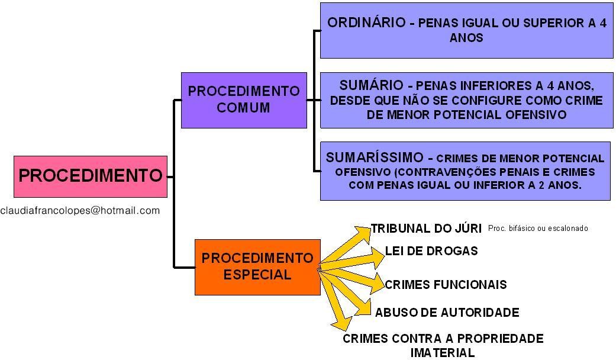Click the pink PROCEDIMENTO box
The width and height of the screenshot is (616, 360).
coord(90,176)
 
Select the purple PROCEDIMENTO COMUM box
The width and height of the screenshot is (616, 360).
coord(244,99)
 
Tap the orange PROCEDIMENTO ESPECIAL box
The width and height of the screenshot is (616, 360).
coord(257,266)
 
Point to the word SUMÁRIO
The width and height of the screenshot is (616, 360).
coord(371,86)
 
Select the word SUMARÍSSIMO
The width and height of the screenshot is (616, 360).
coord(375,157)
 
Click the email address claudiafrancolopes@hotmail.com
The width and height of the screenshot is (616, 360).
coord(80,210)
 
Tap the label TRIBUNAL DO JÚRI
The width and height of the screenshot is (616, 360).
coord(426,229)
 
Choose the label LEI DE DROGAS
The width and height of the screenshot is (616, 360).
coord(431,250)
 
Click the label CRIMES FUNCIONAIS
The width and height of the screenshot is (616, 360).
coord(446,285)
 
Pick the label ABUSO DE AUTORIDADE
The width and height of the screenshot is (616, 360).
coord(447,312)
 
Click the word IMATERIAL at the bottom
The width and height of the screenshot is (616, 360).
coord(442,353)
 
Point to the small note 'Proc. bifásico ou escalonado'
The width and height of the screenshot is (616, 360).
coord(538,228)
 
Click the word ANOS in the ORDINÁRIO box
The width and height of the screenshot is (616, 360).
coord(466,38)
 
